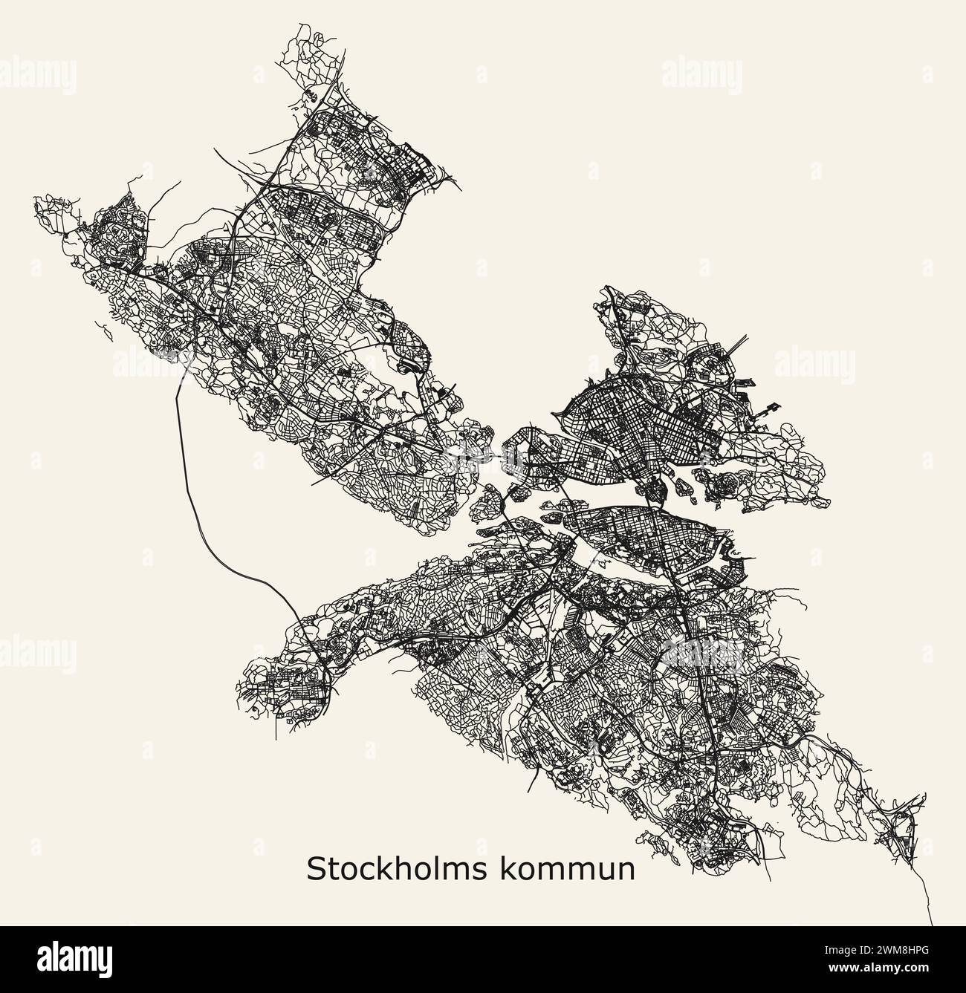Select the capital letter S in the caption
click(x=315, y=869)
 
